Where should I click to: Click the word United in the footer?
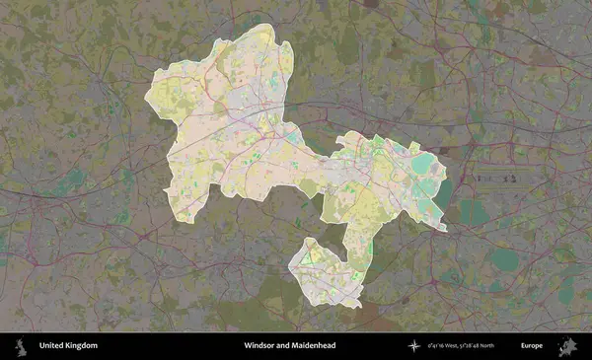coord(51,346)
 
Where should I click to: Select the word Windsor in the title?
coord(260,346)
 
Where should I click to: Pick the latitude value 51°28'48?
coord(485,346)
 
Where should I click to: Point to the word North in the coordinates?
coord(510,346)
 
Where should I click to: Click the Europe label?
coord(532,346)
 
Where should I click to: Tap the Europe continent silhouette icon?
coord(567,346)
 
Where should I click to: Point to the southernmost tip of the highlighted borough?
coord(357,305)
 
